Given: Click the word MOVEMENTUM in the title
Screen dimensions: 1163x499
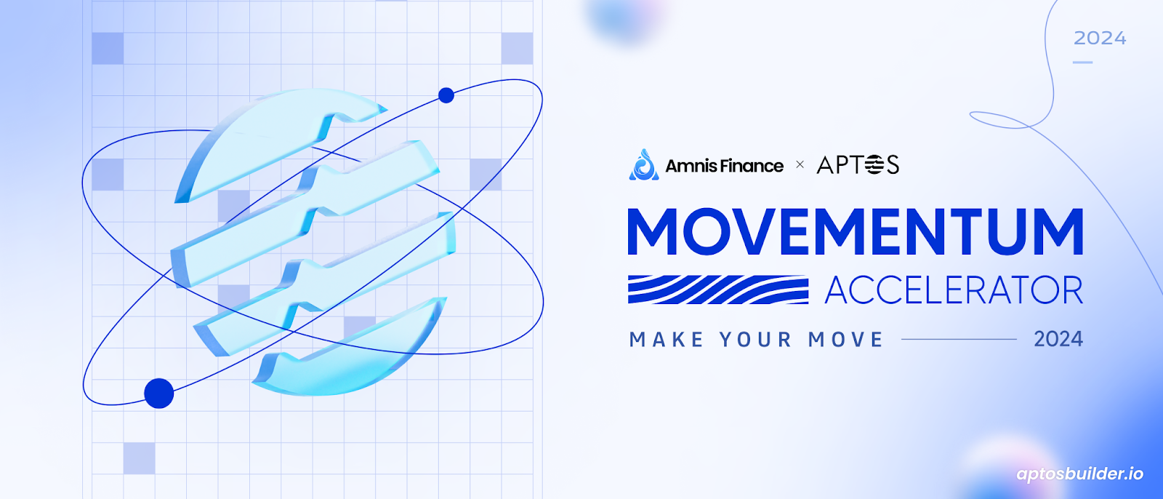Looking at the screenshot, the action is click(855, 232).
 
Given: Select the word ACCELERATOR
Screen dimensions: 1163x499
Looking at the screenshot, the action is click(954, 290).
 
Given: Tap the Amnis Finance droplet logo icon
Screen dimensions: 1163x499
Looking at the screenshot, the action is click(644, 165).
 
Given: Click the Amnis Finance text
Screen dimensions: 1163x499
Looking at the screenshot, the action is click(724, 166).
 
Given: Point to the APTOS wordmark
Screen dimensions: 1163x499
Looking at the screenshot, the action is click(858, 165).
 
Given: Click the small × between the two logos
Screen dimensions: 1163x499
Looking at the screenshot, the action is click(800, 165).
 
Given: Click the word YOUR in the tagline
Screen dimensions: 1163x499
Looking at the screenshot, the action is click(755, 340).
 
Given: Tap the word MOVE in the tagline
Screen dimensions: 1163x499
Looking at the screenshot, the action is click(846, 340).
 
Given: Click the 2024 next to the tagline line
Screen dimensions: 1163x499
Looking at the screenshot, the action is click(1058, 340).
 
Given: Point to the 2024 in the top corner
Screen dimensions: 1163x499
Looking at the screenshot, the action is click(1100, 38).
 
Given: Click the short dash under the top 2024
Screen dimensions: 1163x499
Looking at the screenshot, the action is click(1082, 63).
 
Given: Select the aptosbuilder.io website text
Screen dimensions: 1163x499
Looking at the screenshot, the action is click(1080, 474).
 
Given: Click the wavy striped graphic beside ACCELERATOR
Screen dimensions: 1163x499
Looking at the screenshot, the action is click(718, 290).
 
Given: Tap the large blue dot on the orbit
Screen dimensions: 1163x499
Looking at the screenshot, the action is click(159, 394).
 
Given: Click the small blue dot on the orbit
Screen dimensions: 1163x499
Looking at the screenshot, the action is click(446, 95).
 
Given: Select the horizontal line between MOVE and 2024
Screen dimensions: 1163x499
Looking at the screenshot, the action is click(959, 340).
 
